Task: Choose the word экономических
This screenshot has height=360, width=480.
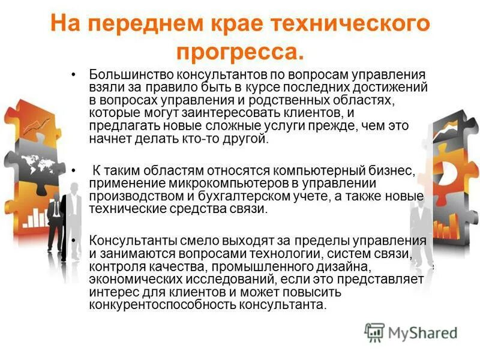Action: tap(133, 280)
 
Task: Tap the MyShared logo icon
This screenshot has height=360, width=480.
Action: tap(374, 332)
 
